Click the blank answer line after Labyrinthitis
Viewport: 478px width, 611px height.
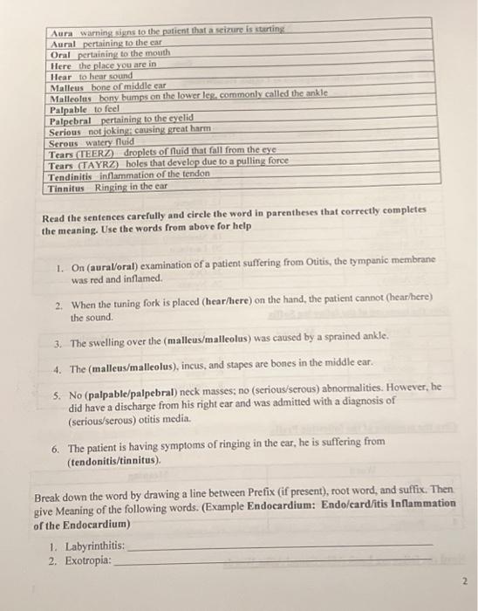coord(279,546)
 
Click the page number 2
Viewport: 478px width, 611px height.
coord(465,580)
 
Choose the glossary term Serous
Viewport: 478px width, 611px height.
coord(65,142)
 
